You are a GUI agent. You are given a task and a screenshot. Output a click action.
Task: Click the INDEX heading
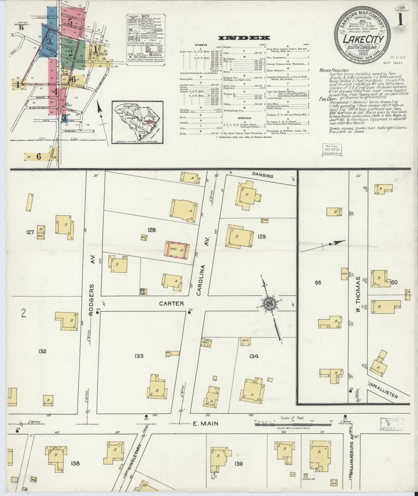point(244,38)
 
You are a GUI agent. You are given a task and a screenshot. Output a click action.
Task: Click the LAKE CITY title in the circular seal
point(363,39)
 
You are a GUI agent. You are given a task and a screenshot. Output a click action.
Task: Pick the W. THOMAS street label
point(358,294)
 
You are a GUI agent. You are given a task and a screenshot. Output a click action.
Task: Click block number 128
point(152,230)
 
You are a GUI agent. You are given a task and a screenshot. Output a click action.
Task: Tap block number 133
point(139,356)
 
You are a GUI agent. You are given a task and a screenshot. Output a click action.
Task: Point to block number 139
point(239,464)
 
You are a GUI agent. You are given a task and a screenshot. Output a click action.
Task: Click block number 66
point(318,283)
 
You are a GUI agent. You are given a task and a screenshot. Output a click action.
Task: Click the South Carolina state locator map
point(137,122)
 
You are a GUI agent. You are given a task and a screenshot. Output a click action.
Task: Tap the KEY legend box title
point(145,16)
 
